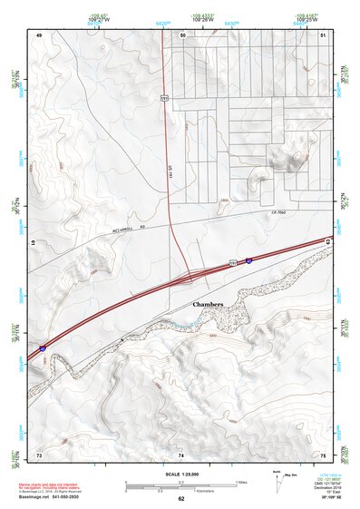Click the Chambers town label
208,304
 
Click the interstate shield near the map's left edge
43,347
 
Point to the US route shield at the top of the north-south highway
163,94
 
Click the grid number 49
39,34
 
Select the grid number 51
323,34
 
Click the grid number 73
39,454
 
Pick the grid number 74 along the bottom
180,454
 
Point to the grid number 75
323,454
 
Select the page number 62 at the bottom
180,499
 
